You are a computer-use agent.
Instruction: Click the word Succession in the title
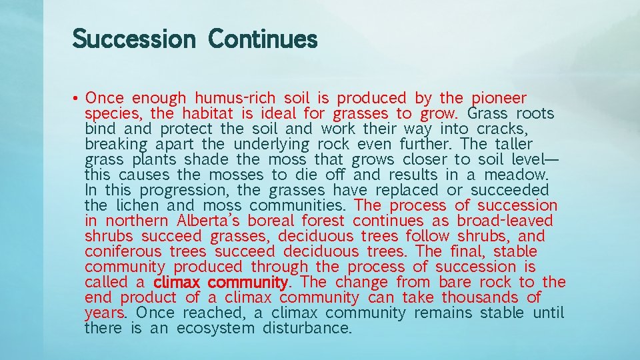133,39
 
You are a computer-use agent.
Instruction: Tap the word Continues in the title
263,39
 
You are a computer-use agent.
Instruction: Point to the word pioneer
499,99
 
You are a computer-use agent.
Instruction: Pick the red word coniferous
123,252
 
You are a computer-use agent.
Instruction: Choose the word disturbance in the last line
307,329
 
